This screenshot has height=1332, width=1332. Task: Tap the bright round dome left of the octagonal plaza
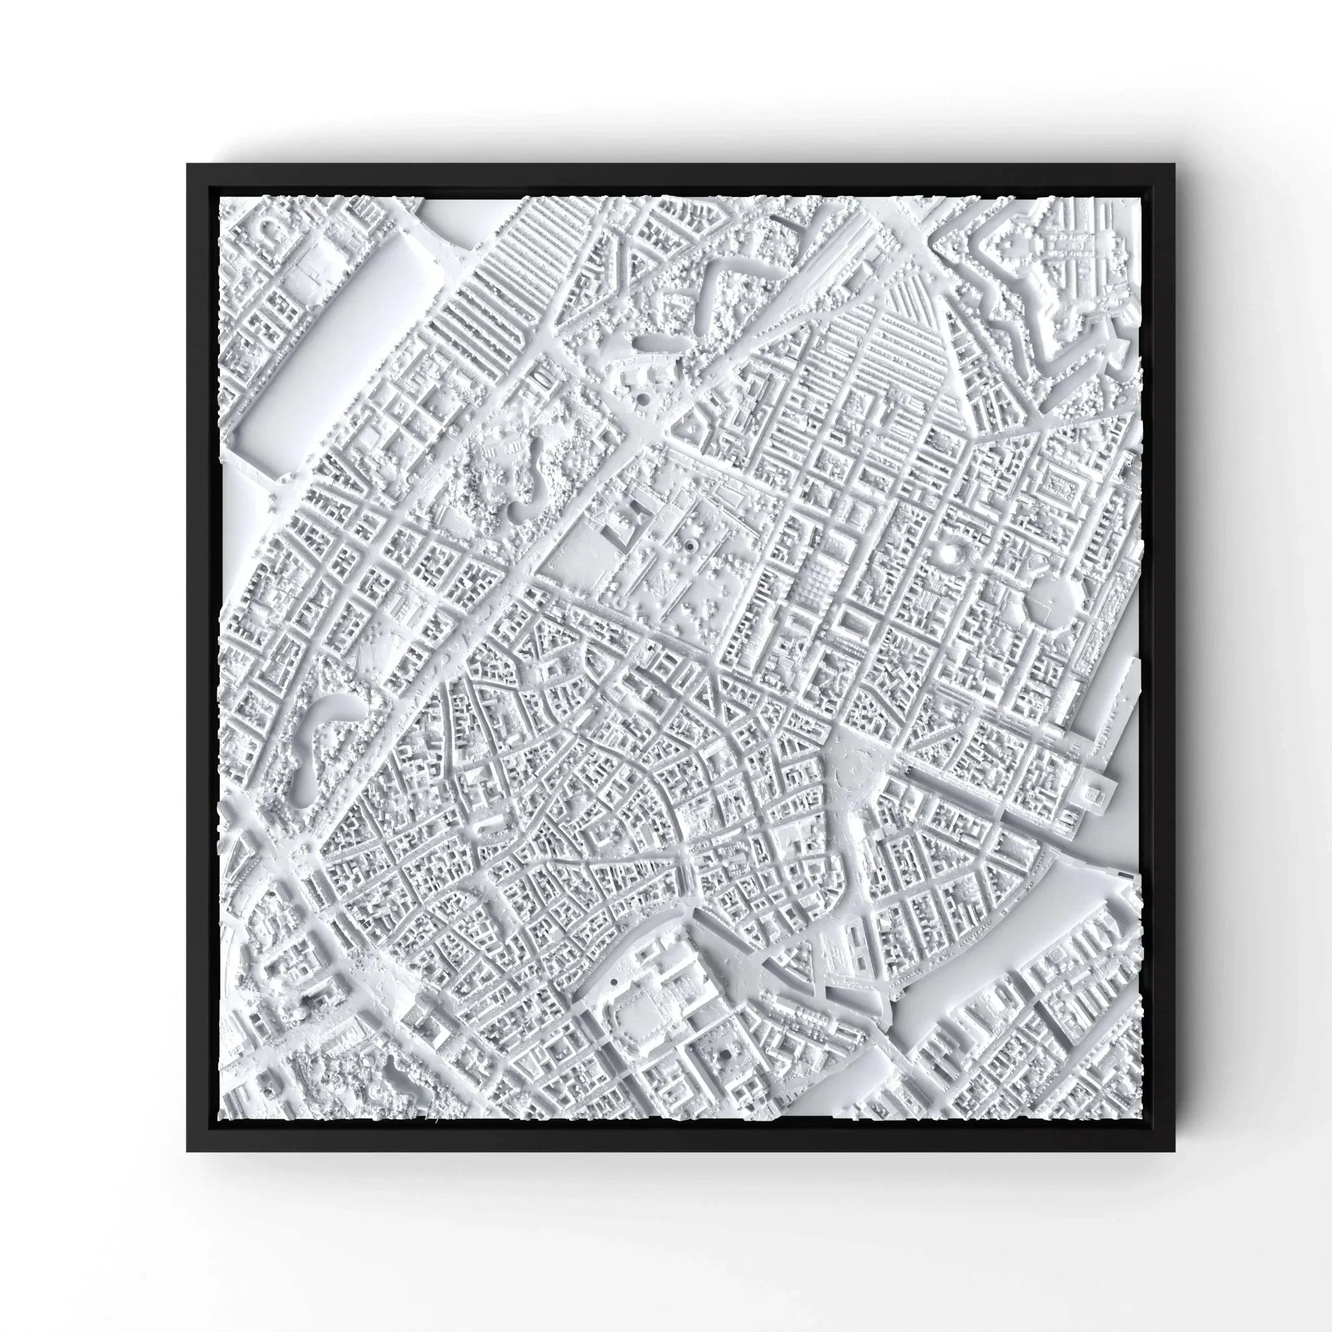(952, 552)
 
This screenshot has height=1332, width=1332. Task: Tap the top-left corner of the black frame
(187, 164)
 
